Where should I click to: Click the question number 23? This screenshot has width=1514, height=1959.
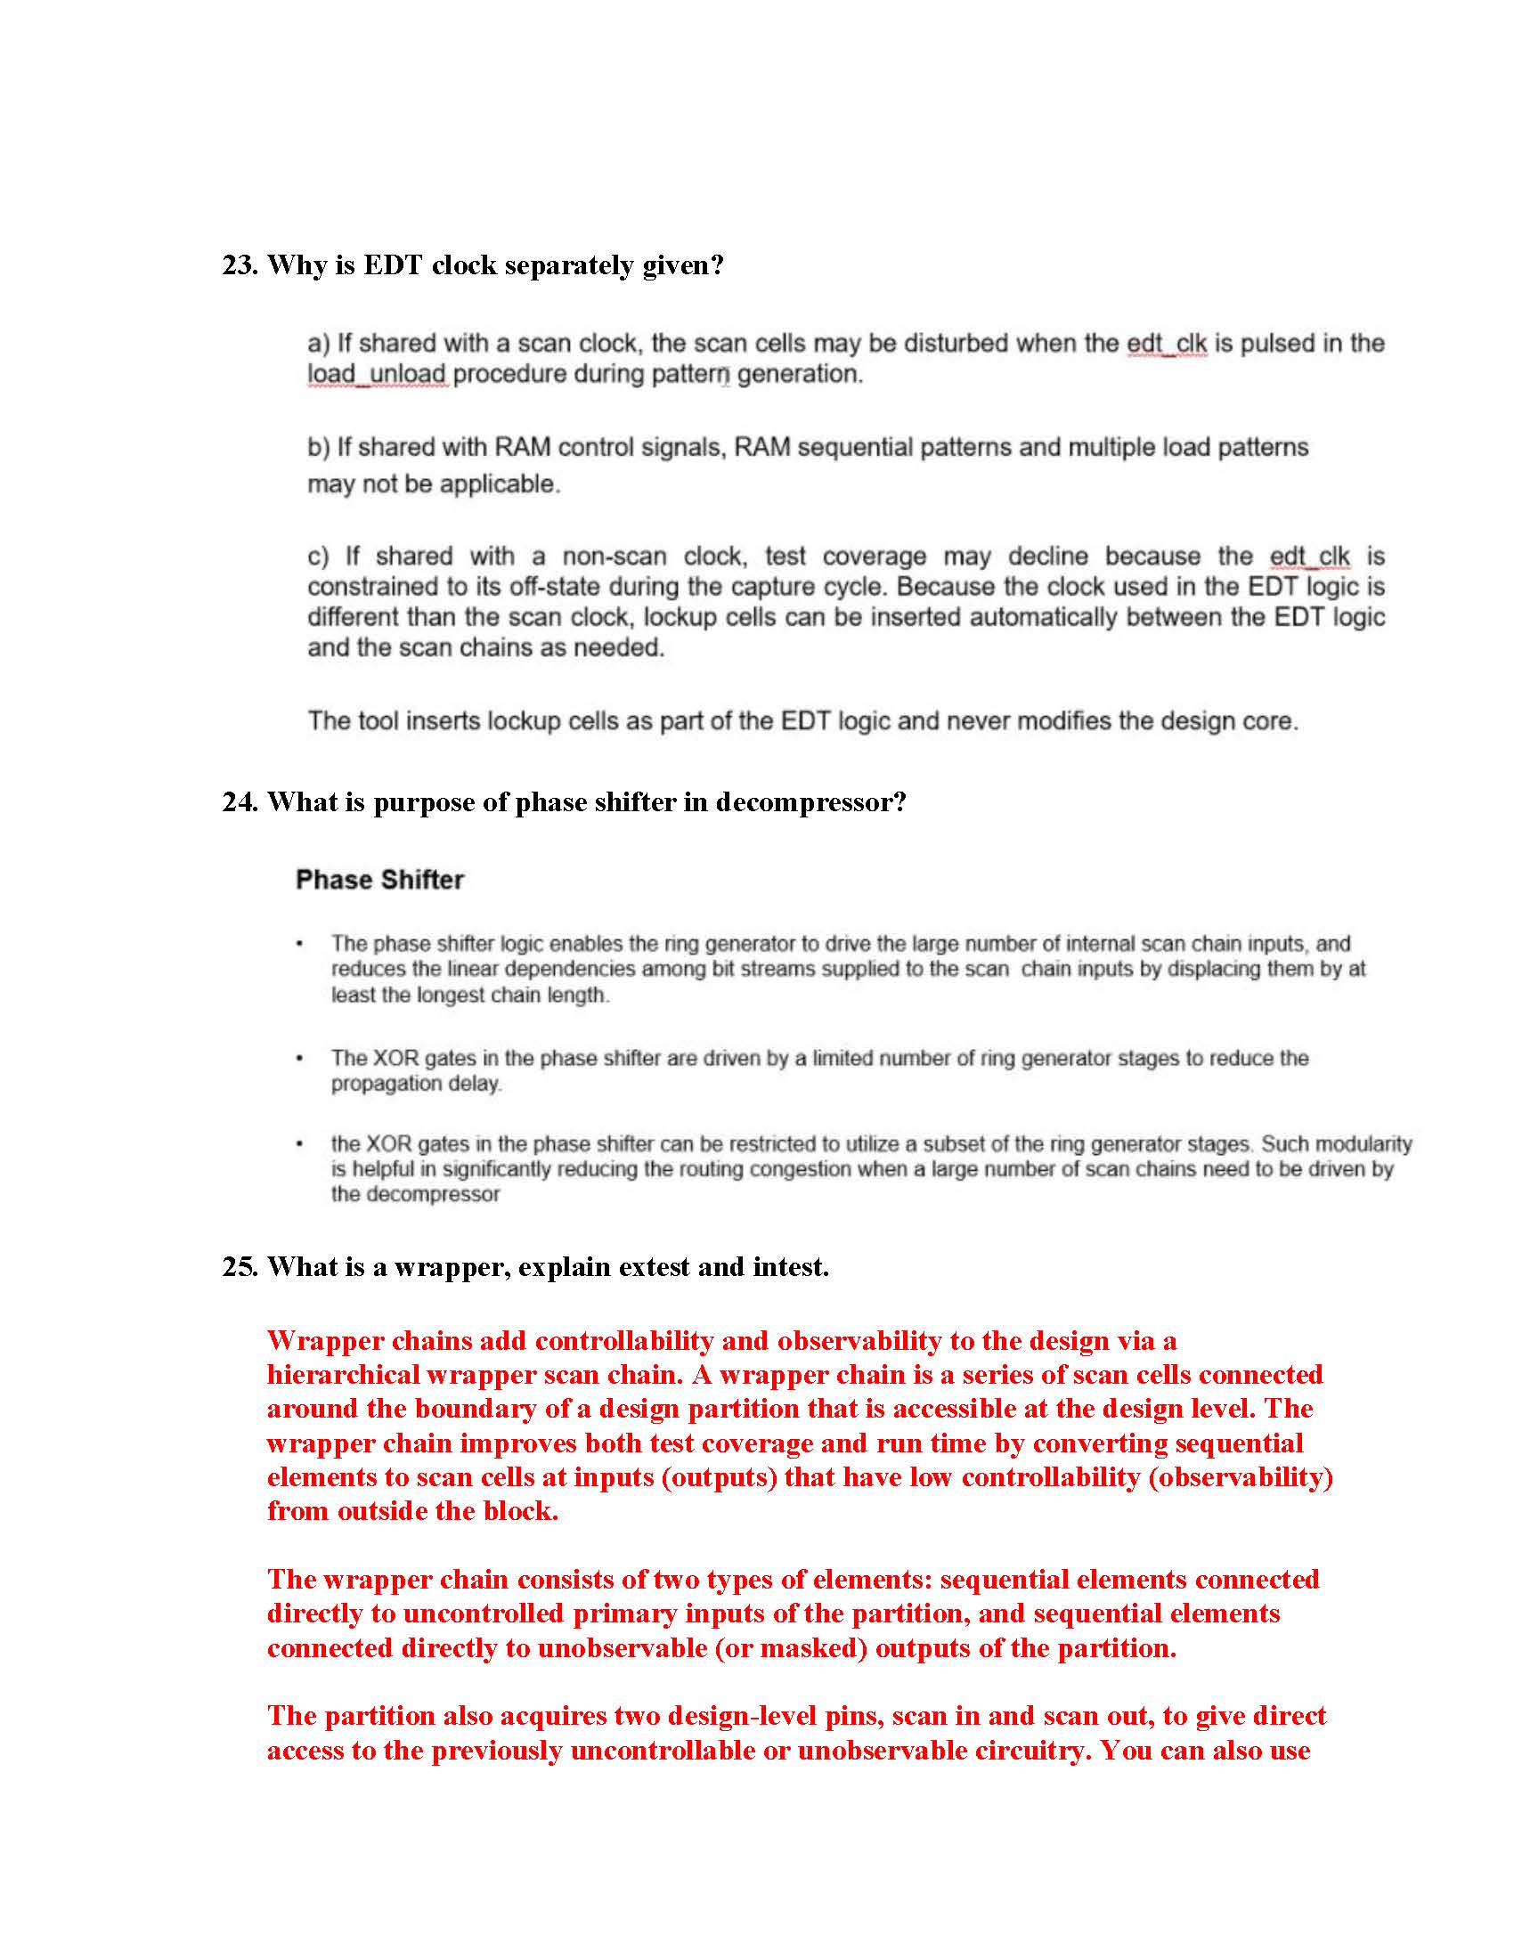240,265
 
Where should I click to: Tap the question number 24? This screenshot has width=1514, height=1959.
240,802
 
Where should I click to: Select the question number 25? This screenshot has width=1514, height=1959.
240,1266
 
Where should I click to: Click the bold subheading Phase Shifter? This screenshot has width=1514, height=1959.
379,880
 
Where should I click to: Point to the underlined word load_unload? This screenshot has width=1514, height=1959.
377,374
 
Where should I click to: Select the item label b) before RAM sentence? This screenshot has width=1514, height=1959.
319,447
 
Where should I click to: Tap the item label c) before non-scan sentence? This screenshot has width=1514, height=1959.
319,557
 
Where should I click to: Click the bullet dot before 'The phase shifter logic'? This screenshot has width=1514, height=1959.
299,945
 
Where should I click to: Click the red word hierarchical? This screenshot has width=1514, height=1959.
344,1375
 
